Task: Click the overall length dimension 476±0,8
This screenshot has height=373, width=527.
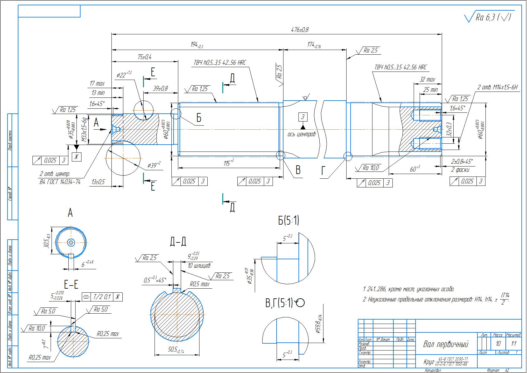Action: click(300, 30)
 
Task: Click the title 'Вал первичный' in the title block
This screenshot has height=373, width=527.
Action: click(446, 344)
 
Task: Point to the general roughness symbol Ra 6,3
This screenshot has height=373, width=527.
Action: click(489, 17)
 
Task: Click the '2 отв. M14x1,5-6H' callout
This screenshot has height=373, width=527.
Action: click(498, 87)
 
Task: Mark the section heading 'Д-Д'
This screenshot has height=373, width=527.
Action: click(178, 241)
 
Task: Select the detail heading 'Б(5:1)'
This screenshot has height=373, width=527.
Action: click(288, 221)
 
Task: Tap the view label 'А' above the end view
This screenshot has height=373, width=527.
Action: click(70, 213)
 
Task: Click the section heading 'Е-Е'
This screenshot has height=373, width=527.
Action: click(71, 285)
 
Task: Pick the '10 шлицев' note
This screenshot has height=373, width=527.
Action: click(199, 266)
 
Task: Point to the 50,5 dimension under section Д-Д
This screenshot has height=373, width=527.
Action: click(175, 350)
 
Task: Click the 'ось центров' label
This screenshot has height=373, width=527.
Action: click(302, 134)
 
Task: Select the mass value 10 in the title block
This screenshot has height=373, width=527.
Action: click(498, 344)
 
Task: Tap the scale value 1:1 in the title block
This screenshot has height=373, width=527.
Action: click(514, 344)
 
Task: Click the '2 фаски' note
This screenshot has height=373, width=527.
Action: click(460, 170)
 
